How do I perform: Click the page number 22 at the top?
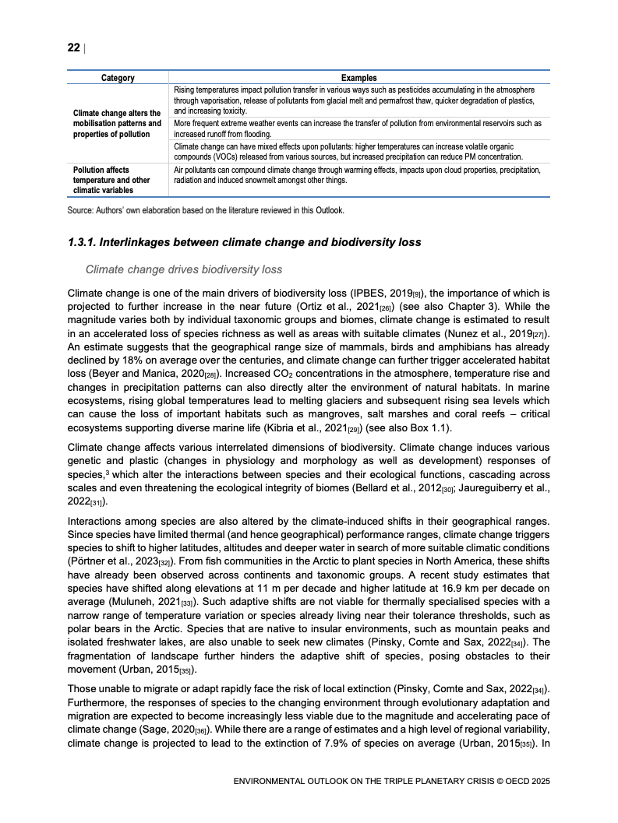[x=73, y=47]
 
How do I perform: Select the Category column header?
[x=118, y=78]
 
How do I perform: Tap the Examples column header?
[x=358, y=78]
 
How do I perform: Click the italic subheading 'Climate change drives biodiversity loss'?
[x=183, y=269]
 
